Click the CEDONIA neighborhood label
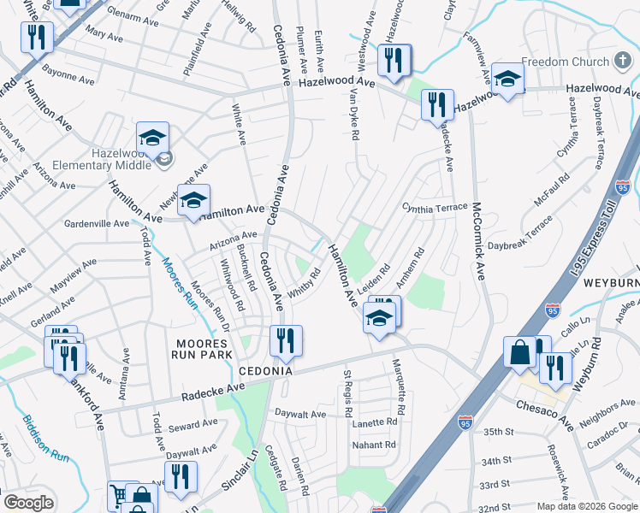click(x=265, y=372)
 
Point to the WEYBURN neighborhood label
click(x=611, y=282)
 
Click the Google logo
click(x=28, y=503)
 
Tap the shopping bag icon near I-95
click(x=519, y=351)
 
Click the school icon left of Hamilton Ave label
click(x=193, y=200)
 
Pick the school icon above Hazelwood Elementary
click(x=152, y=137)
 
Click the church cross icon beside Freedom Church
click(x=623, y=62)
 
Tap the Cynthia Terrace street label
click(x=436, y=208)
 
